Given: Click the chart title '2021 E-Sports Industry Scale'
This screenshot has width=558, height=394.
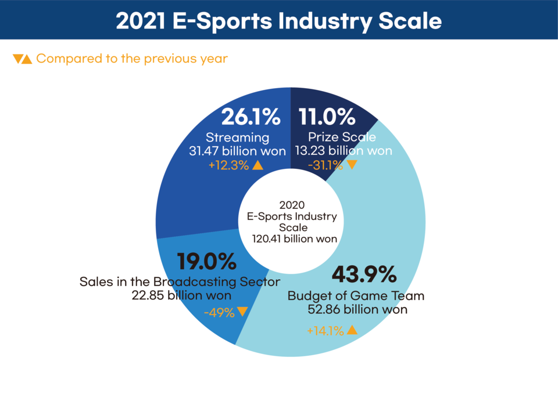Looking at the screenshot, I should [x=278, y=20].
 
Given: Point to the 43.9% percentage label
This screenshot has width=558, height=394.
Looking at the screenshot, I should [x=363, y=274].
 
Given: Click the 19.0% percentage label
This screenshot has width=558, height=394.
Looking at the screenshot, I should [x=207, y=262].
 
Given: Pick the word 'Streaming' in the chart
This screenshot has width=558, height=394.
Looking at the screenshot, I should [x=238, y=138].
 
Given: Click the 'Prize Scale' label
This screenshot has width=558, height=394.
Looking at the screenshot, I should [x=342, y=138].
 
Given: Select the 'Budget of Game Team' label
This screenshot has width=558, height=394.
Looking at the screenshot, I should [x=356, y=296].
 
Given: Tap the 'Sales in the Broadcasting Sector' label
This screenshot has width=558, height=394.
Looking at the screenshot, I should [x=180, y=281].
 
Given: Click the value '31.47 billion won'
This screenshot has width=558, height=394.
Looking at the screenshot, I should [x=238, y=151].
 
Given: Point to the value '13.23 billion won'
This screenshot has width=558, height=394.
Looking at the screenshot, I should [x=342, y=151].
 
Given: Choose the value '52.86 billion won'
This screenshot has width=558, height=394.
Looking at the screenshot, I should [x=357, y=309].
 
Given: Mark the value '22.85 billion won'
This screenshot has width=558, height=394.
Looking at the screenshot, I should [x=180, y=295].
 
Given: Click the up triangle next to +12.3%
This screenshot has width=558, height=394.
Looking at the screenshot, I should [x=258, y=165].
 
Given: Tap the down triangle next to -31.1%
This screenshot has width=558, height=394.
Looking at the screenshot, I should [x=351, y=165].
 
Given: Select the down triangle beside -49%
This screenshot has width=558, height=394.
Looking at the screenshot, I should [x=242, y=312].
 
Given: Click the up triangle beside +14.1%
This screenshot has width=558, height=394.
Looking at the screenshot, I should [x=352, y=330].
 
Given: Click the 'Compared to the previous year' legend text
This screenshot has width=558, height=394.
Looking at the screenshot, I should [x=132, y=59].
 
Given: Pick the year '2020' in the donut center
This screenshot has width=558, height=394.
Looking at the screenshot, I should [x=291, y=205].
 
